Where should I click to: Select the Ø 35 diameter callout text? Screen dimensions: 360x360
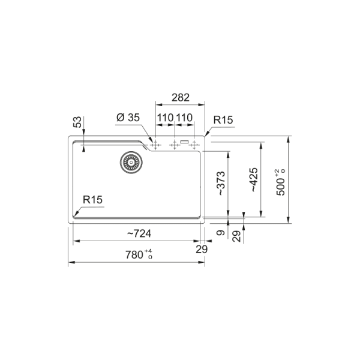tap(128, 118)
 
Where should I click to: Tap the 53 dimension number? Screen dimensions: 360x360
tap(77, 122)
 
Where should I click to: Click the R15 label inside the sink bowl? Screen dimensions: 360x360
tap(94, 200)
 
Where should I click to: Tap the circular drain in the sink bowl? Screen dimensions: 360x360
tap(128, 162)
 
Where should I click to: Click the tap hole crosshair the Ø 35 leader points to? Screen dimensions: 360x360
tap(156, 145)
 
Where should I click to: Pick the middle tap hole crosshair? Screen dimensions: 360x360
tap(175, 145)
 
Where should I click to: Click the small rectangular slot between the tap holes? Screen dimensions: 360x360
tap(184, 142)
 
